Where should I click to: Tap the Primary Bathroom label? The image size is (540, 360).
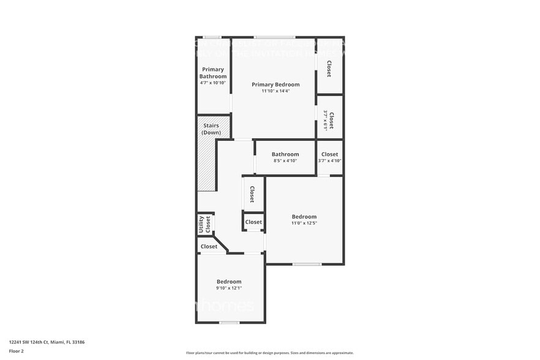pyautogui.click(x=213, y=73)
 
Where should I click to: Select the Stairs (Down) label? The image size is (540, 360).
pyautogui.click(x=211, y=129)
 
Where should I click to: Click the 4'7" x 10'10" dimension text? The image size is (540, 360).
pyautogui.click(x=213, y=83)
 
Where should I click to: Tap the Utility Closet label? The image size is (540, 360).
pyautogui.click(x=204, y=225)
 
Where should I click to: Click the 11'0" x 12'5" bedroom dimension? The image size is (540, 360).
pyautogui.click(x=304, y=223)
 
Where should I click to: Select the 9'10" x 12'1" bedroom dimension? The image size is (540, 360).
pyautogui.click(x=229, y=288)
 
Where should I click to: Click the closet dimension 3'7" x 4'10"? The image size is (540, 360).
pyautogui.click(x=329, y=160)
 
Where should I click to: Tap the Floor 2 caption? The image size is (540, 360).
pyautogui.click(x=17, y=351)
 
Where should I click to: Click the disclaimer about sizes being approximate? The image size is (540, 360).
pyautogui.click(x=269, y=353)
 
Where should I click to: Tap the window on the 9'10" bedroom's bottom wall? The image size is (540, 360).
pyautogui.click(x=229, y=323)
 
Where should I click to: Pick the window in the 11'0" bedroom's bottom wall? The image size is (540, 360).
pyautogui.click(x=306, y=264)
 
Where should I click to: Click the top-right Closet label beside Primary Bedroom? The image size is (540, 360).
pyautogui.click(x=329, y=67)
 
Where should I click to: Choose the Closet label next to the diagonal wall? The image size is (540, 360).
pyautogui.click(x=209, y=247)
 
